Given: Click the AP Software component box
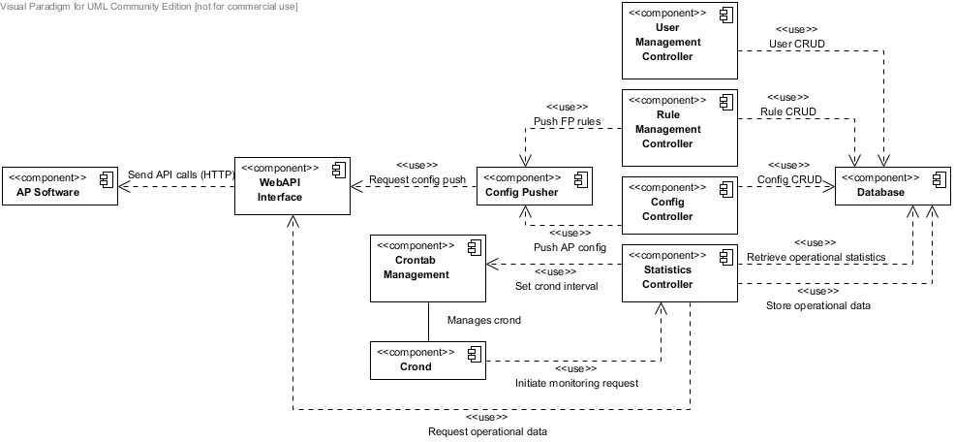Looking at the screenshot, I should [x=59, y=186].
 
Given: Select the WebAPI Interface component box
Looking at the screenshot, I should [x=293, y=186].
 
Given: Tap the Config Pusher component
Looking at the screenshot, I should [x=534, y=186].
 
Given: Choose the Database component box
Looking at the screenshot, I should [x=892, y=186].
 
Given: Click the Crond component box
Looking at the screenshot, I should [x=427, y=361].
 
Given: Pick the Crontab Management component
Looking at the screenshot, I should [x=427, y=268].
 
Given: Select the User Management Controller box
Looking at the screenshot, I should [x=679, y=41].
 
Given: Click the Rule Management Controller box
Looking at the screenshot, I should [x=679, y=128].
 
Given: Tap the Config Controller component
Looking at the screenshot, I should [x=679, y=205].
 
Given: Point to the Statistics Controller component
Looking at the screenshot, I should [x=679, y=273].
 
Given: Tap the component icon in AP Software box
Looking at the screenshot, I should [x=106, y=179].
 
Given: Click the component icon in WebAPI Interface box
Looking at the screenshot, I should [x=338, y=170].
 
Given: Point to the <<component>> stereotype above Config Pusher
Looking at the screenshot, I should [x=521, y=178].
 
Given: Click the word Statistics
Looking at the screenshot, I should [x=667, y=269].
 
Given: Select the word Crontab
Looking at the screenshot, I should [x=416, y=260].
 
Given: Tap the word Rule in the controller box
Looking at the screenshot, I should [x=667, y=114].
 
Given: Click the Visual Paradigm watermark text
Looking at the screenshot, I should [x=149, y=7].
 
